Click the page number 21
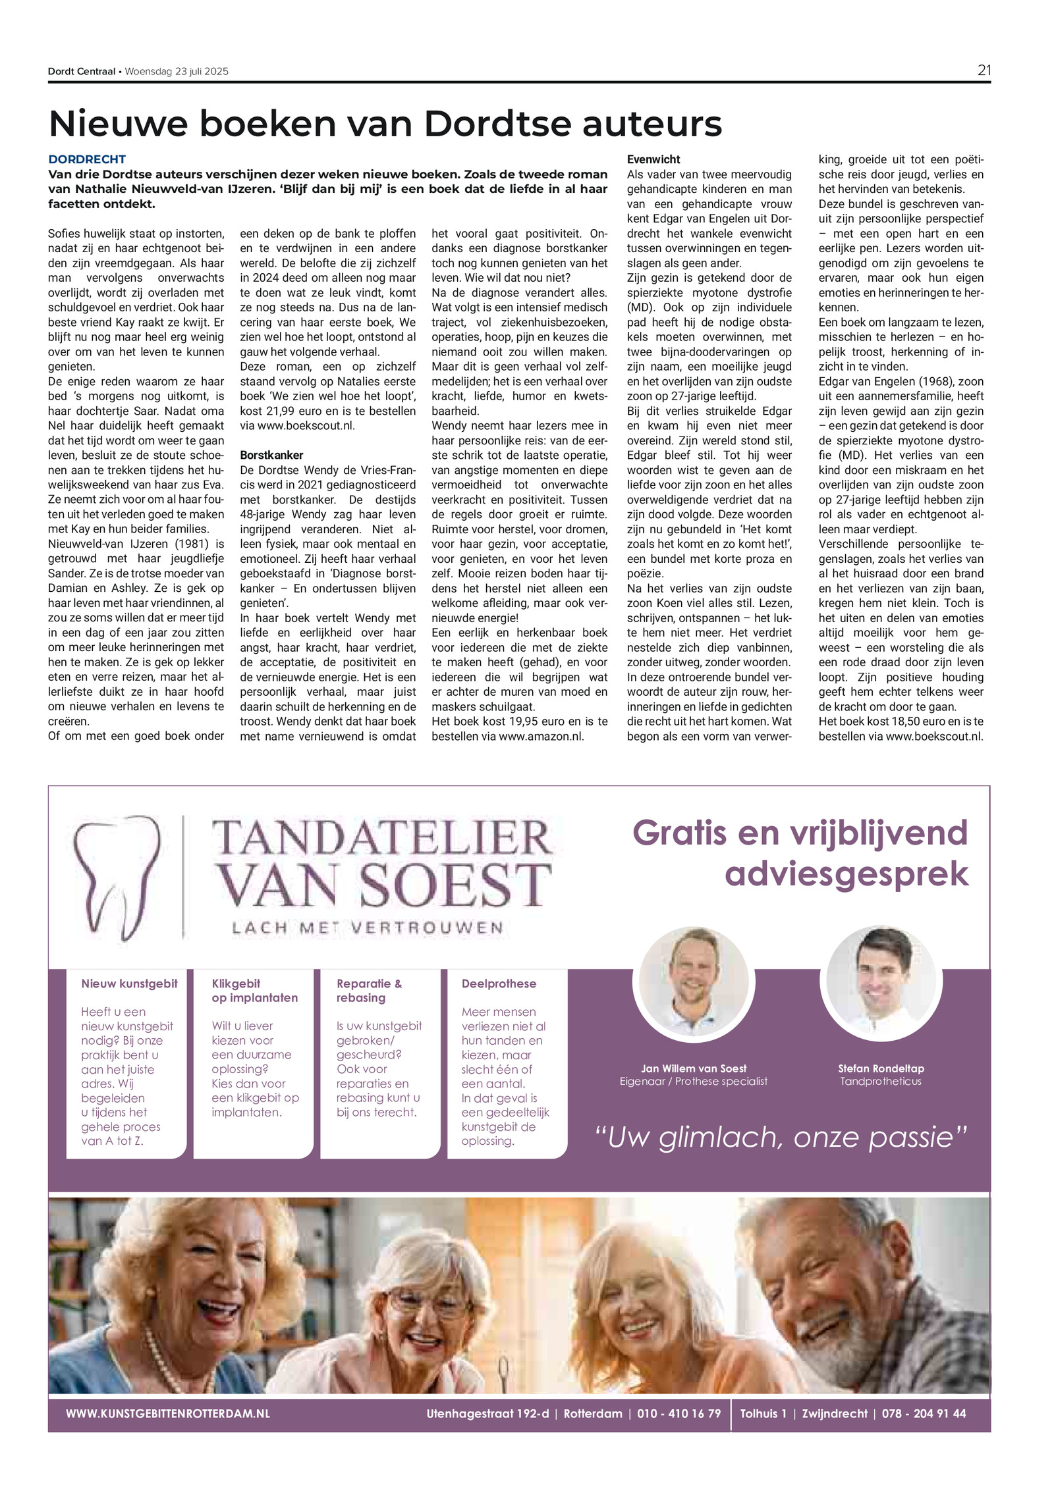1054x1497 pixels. pyautogui.click(x=984, y=70)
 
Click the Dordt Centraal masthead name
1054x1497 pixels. pyautogui.click(x=82, y=72)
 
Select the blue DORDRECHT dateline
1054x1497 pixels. pyautogui.click(x=87, y=159)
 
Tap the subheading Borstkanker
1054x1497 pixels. pyautogui.click(x=271, y=455)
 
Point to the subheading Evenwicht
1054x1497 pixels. pyautogui.click(x=653, y=159)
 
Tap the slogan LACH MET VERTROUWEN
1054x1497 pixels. pyautogui.click(x=367, y=928)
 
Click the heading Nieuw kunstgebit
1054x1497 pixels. pyautogui.click(x=129, y=984)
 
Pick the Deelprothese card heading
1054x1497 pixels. pyautogui.click(x=499, y=984)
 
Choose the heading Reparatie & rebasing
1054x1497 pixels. pyautogui.click(x=369, y=991)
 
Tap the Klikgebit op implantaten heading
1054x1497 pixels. pyautogui.click(x=254, y=991)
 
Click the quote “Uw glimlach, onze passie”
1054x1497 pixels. pyautogui.click(x=780, y=1138)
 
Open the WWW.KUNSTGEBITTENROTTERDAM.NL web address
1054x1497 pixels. pyautogui.click(x=168, y=1413)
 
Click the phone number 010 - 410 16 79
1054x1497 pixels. pyautogui.click(x=679, y=1413)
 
